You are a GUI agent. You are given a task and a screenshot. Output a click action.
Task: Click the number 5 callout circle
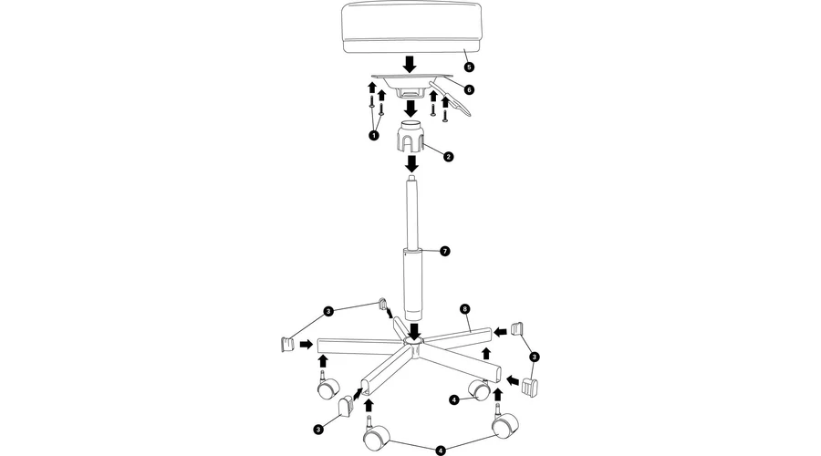pyautogui.click(x=469, y=67)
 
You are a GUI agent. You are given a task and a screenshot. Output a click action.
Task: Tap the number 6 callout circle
pyautogui.click(x=469, y=90)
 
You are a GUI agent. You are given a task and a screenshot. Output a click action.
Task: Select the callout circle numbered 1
pyautogui.click(x=373, y=136)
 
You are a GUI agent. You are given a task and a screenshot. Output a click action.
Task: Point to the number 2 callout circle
pyautogui.click(x=448, y=156)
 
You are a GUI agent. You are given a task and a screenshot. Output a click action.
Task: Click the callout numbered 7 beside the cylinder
pyautogui.click(x=444, y=252)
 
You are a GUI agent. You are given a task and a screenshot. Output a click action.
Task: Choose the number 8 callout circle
pyautogui.click(x=464, y=309)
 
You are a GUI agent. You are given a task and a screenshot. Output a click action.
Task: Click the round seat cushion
pyautogui.click(x=411, y=27)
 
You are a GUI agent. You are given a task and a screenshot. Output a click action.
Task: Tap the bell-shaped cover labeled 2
pyautogui.click(x=411, y=136)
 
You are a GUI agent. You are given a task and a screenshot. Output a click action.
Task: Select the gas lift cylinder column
pyautogui.click(x=412, y=249)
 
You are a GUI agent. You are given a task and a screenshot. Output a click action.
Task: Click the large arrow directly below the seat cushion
pyautogui.click(x=410, y=65)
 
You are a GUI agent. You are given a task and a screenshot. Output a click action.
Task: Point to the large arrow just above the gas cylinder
pyautogui.click(x=412, y=164)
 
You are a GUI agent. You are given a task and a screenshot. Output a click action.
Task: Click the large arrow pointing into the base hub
pyautogui.click(x=415, y=331)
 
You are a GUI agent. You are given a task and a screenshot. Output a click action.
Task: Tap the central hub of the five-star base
pyautogui.click(x=413, y=347)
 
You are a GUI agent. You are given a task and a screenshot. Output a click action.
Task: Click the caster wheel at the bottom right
pyautogui.click(x=505, y=423)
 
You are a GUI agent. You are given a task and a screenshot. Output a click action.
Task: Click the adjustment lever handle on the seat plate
pyautogui.click(x=452, y=97)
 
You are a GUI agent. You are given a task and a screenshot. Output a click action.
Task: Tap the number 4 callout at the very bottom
pyautogui.click(x=441, y=451)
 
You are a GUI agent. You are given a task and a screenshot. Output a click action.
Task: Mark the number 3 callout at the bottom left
pyautogui.click(x=317, y=430)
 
